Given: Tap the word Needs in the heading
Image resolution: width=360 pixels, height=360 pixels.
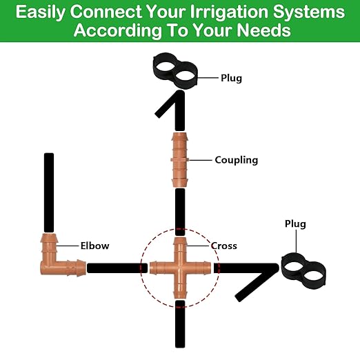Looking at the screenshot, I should (x=265, y=32).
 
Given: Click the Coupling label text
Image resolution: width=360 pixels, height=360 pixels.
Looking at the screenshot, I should (x=236, y=160).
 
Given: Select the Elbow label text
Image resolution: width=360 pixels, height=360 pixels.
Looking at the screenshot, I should (x=94, y=246).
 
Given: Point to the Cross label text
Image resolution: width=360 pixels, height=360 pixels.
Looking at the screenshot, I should (x=223, y=246).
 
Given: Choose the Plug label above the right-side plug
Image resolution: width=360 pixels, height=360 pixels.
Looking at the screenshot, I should (x=295, y=224).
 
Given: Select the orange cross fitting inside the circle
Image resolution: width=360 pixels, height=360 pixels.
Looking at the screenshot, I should (x=179, y=266).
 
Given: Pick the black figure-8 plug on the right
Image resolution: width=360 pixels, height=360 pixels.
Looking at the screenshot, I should (x=304, y=271).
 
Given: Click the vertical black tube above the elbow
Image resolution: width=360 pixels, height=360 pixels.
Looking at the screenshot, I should (x=49, y=192).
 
